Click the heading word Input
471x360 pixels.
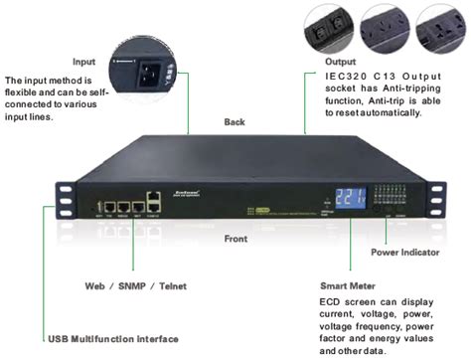point(86,60)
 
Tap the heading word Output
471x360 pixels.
point(340,60)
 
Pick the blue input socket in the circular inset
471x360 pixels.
point(149,73)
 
